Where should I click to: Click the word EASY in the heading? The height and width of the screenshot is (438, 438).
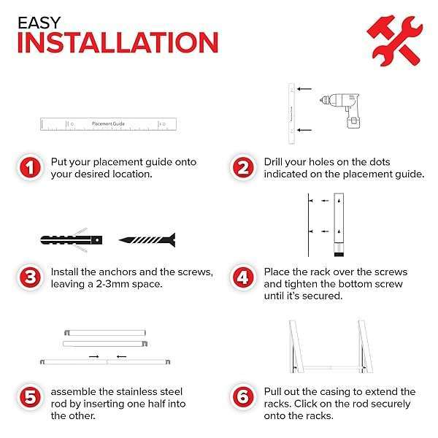39,23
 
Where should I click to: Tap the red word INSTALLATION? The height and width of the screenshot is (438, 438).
118,42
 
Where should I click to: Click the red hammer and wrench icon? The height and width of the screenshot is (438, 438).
395,41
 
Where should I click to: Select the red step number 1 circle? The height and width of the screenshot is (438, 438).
30,168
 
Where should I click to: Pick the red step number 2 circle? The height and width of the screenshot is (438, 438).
243,168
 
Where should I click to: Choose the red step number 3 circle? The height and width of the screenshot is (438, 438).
30,277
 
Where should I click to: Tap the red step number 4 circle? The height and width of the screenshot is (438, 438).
243,277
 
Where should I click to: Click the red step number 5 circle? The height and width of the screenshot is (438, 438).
30,397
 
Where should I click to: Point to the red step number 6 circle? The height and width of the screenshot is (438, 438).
243,397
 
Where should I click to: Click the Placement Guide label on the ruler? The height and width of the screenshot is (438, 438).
108,124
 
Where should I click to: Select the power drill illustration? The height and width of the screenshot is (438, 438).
340,110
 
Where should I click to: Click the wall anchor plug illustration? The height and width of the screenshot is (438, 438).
72,240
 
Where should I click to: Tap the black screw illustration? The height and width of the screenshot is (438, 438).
147,240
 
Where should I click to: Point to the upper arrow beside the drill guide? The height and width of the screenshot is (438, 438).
304,89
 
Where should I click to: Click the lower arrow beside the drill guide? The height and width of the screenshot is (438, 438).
304,130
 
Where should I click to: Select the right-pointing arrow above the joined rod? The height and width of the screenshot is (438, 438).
94,357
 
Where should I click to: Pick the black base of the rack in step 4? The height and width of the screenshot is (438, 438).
339,254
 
